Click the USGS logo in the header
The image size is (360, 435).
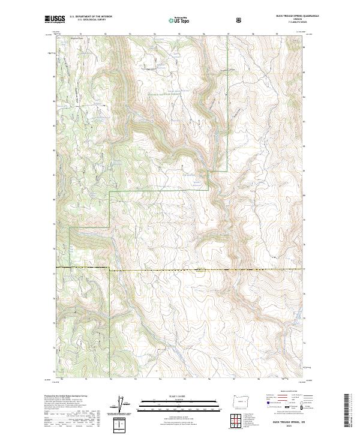(x=55, y=19)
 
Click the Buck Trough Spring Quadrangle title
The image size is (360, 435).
(x=293, y=15)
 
